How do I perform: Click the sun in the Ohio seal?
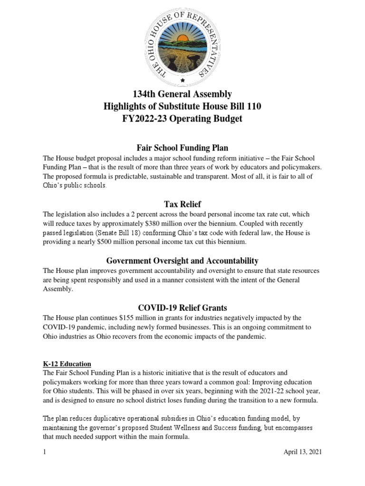tap(183, 37)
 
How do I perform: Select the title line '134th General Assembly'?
tap(182, 94)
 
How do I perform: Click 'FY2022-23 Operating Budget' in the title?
tap(182, 119)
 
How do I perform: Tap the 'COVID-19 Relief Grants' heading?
tap(182, 308)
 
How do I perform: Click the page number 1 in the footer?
tap(44, 452)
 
